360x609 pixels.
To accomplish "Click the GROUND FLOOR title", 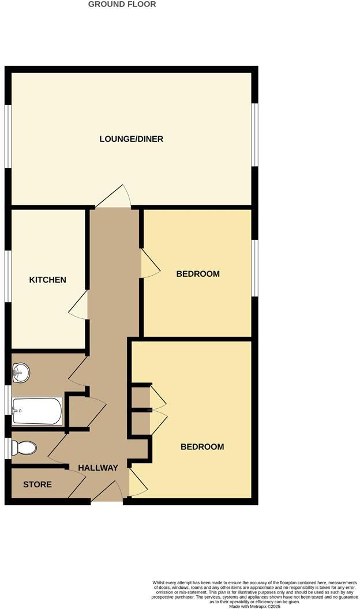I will click(x=122, y=4).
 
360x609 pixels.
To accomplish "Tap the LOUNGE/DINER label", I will click(x=132, y=139).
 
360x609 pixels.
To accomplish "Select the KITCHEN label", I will click(x=48, y=280).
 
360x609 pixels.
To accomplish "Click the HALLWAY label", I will click(x=98, y=468).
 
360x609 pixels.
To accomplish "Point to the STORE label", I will click(x=37, y=484).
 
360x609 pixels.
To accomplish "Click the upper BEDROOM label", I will click(x=198, y=273).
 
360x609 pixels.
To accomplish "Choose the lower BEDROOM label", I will click(x=202, y=447).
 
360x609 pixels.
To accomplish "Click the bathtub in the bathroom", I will click(x=37, y=411).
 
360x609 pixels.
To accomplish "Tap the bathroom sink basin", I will click(x=21, y=372).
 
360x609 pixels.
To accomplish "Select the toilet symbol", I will click(x=25, y=448).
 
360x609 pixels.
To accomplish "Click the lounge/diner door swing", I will click(x=115, y=197).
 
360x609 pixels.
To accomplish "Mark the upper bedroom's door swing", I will click(x=150, y=264).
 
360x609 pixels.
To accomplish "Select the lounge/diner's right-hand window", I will click(x=254, y=135).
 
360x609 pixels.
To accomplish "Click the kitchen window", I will click(x=8, y=277).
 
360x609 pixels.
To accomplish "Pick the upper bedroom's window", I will click(x=254, y=268).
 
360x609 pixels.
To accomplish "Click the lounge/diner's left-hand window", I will click(x=8, y=136).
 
